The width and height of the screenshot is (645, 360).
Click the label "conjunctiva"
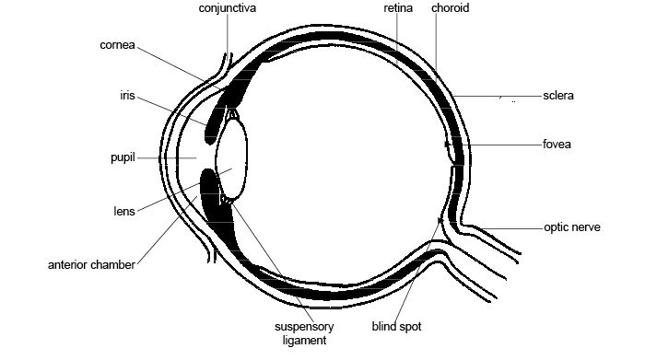tap(228, 8)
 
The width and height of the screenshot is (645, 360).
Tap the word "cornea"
tap(119, 43)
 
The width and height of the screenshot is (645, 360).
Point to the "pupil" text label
tap(123, 158)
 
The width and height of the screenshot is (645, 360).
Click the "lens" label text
tap(123, 211)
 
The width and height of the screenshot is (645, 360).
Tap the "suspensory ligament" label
tap(304, 333)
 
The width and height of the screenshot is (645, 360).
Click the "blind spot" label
tap(397, 326)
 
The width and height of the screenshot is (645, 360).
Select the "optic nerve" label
tap(571, 226)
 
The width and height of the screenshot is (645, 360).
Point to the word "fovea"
tap(558, 145)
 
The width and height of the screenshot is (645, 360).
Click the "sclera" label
tap(558, 95)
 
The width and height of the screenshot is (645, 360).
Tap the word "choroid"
tap(449, 8)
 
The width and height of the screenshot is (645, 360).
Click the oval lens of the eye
tap(231, 159)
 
